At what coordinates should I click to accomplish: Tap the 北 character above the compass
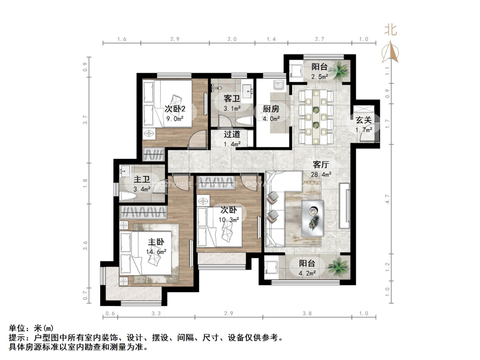(390, 30)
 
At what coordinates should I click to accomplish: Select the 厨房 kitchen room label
(270, 109)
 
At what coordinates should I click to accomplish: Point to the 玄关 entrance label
(363, 120)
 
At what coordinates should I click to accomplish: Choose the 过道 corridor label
(232, 135)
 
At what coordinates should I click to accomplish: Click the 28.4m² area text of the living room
(322, 174)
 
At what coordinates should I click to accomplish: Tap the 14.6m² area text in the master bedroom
(156, 252)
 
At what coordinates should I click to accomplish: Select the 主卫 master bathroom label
(142, 180)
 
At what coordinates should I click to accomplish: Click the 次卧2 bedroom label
(175, 109)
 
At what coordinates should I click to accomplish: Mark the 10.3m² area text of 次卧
(229, 219)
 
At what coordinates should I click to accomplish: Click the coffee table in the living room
(313, 216)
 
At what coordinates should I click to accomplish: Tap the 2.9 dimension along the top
(175, 39)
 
